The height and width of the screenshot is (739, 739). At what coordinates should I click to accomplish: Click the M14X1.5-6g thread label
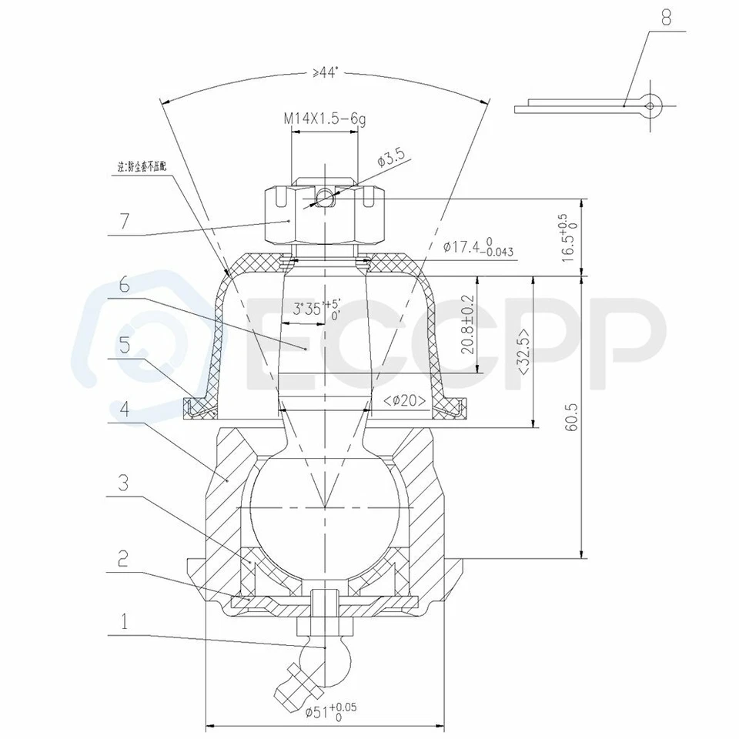324,119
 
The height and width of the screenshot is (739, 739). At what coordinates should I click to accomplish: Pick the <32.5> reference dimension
523,353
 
